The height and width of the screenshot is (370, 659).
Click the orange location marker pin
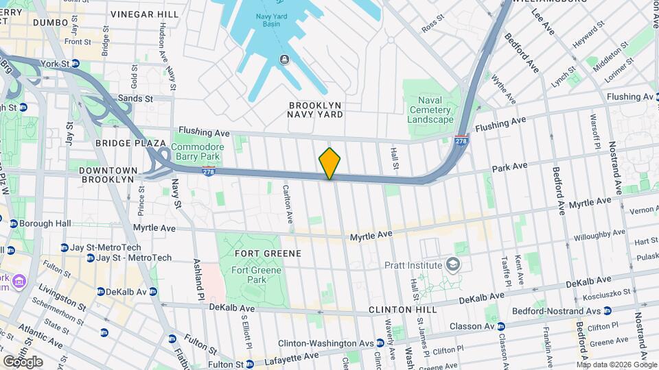[329, 164]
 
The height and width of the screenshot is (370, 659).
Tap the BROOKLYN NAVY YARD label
[315, 110]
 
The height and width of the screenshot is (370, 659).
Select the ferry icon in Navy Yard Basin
[283, 59]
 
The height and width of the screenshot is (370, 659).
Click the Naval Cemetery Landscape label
[430, 110]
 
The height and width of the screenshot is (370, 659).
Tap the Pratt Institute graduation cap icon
[453, 264]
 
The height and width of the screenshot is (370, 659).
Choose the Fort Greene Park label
[257, 275]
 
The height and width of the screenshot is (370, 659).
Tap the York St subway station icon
[75, 64]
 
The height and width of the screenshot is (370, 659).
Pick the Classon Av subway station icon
[501, 326]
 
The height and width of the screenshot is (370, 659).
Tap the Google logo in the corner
[23, 361]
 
